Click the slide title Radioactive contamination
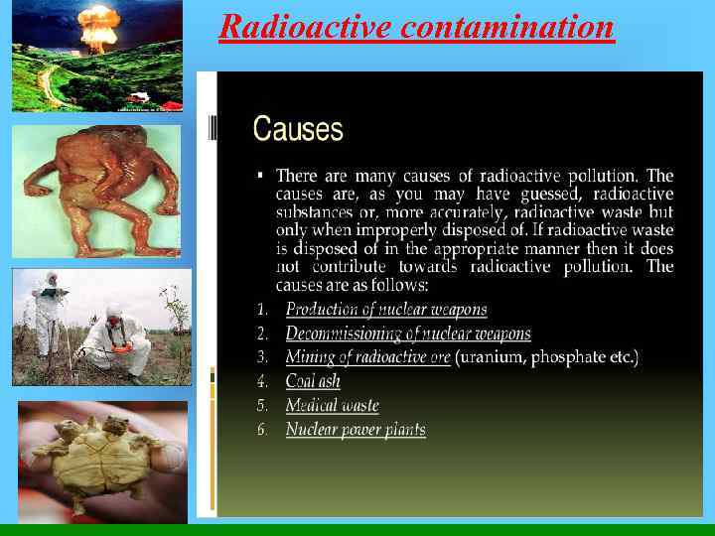416,26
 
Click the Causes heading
298,129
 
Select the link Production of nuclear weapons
386,309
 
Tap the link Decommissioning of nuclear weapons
408,334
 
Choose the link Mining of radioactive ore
367,357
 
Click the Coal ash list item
313,381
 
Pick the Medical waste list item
332,405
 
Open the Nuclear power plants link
356,430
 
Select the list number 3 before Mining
262,357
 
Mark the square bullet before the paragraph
260,175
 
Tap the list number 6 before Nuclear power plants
262,430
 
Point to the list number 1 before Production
262,309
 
